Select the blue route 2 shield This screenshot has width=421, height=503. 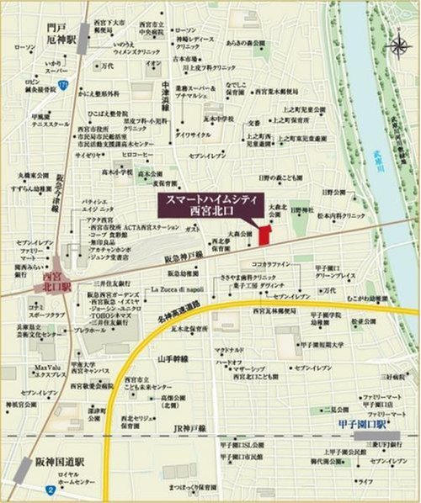coord(51,489)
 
